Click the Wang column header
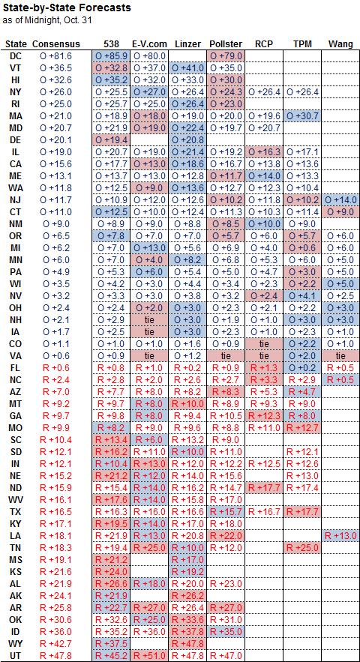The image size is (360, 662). pos(340,44)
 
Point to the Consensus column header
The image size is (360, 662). pos(55,44)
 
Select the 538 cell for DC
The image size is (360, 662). pos(111,55)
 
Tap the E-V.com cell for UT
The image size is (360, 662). pos(149,656)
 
